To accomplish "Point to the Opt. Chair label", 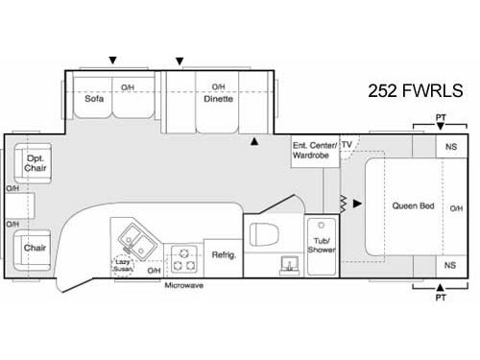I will pyautogui.click(x=36, y=165).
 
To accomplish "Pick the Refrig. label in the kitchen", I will pyautogui.click(x=223, y=256).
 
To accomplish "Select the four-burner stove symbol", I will pyautogui.click(x=183, y=258).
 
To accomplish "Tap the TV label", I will pyautogui.click(x=347, y=144).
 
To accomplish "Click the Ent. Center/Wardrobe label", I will pyautogui.click(x=313, y=149).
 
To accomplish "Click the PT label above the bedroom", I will pyautogui.click(x=440, y=117).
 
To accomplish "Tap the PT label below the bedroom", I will pyautogui.click(x=440, y=299).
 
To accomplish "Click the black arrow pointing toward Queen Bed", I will pyautogui.click(x=357, y=204).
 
